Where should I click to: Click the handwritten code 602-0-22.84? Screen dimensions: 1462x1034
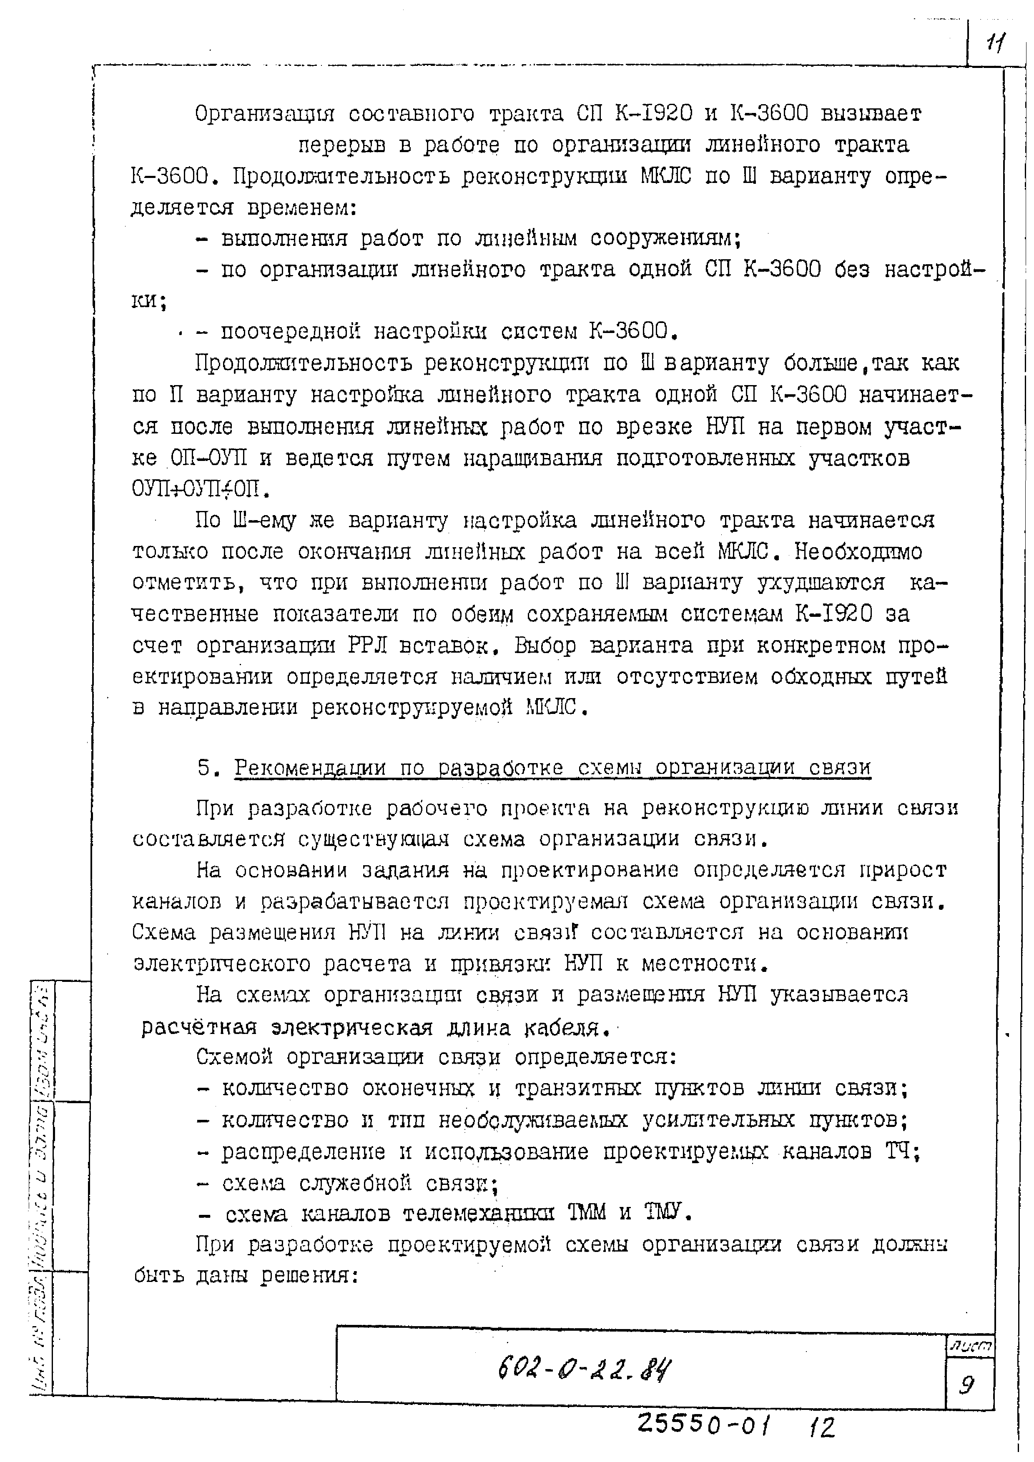[585, 1367]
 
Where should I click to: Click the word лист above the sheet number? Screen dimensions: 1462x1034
[970, 1346]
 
